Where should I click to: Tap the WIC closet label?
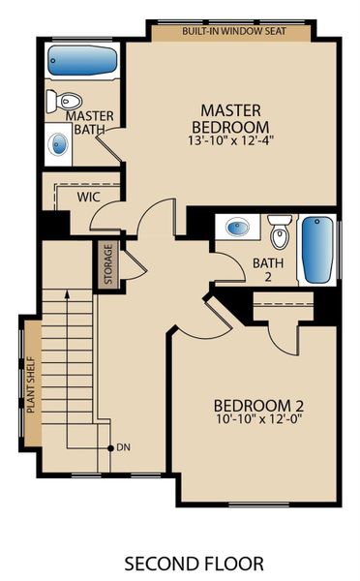click(x=89, y=196)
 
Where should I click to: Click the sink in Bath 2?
click(x=237, y=228)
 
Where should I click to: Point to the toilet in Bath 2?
click(x=280, y=233)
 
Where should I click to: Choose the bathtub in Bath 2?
click(x=317, y=249)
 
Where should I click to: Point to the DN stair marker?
click(x=122, y=447)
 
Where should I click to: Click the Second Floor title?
click(x=180, y=562)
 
